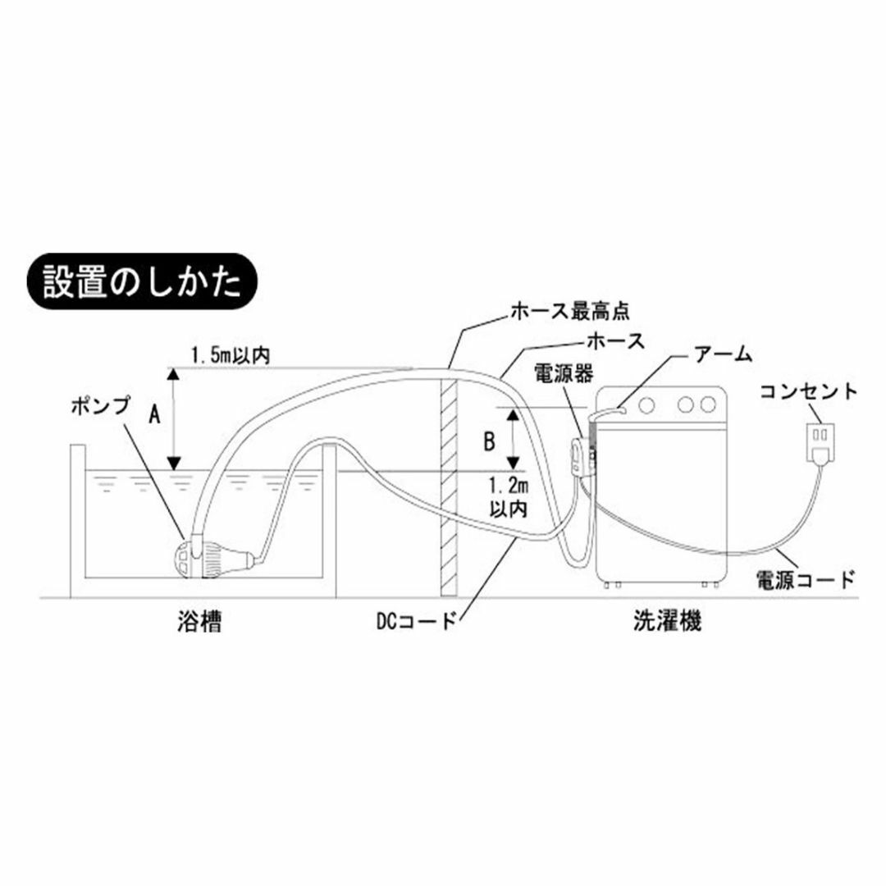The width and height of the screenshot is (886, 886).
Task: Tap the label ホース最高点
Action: tap(569, 311)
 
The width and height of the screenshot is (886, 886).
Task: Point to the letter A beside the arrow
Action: tap(154, 416)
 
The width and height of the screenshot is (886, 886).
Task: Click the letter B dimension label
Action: tap(489, 442)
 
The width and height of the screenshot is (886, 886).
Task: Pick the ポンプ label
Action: tap(100, 406)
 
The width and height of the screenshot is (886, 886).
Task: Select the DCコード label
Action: tap(415, 622)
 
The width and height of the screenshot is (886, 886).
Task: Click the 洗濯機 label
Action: tap(667, 622)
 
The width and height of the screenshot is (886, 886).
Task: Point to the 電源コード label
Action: tap(805, 580)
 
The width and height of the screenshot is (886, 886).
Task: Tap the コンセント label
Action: tap(808, 391)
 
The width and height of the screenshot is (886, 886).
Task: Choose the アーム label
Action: tap(724, 355)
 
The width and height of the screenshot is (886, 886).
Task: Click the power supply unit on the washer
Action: tap(582, 454)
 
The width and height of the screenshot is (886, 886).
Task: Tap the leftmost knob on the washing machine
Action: tap(647, 404)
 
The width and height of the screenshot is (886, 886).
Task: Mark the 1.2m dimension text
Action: tap(509, 486)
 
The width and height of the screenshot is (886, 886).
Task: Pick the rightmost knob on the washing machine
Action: tap(707, 404)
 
